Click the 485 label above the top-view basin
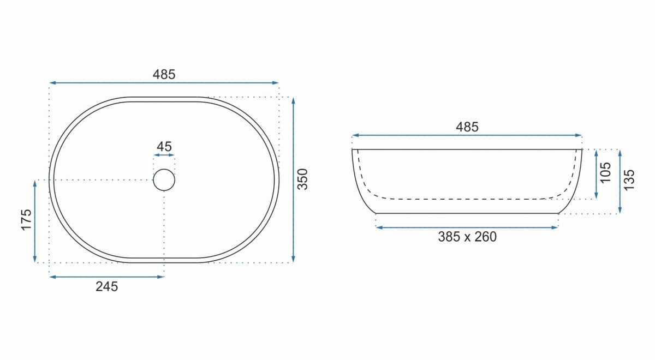click(x=164, y=75)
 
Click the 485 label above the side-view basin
click(x=467, y=127)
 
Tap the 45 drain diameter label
click(x=164, y=147)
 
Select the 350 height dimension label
click(x=302, y=179)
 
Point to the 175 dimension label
click(x=26, y=220)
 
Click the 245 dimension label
click(x=107, y=287)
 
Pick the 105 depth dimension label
click(x=605, y=173)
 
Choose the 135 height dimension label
click(x=629, y=180)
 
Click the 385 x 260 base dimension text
click(x=467, y=237)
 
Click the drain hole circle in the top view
click(x=164, y=169)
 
